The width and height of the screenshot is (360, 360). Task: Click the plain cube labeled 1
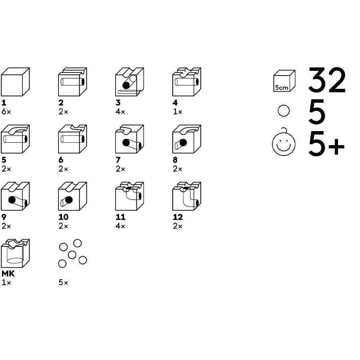pos(15,82)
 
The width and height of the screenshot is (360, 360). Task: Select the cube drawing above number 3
pos(130,82)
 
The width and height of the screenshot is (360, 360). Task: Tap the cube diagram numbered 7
pos(130,139)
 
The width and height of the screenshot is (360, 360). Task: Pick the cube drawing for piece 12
pos(187,196)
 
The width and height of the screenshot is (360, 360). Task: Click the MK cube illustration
pos(15,254)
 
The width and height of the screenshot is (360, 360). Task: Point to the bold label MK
pos(8,274)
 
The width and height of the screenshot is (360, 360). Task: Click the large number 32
pos(327,80)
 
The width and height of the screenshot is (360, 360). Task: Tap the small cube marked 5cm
pos(284,81)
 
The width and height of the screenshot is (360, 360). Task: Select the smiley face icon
pos(284,142)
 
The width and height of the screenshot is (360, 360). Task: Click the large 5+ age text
pos(326,144)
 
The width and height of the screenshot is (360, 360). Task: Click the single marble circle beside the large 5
pos(284,111)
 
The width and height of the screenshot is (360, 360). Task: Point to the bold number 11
pos(120,217)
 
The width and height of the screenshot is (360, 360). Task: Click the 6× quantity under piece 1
pos(6,112)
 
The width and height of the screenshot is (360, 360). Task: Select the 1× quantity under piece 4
pos(178,112)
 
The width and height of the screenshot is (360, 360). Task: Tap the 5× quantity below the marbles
pos(63,283)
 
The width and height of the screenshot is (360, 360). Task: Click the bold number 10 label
pos(64,217)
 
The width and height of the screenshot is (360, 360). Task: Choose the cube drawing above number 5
pos(15,139)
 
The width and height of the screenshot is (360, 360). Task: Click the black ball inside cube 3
pos(126,86)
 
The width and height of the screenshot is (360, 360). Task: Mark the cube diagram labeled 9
pos(15,196)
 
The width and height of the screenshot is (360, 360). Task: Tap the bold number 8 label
pos(175,160)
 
